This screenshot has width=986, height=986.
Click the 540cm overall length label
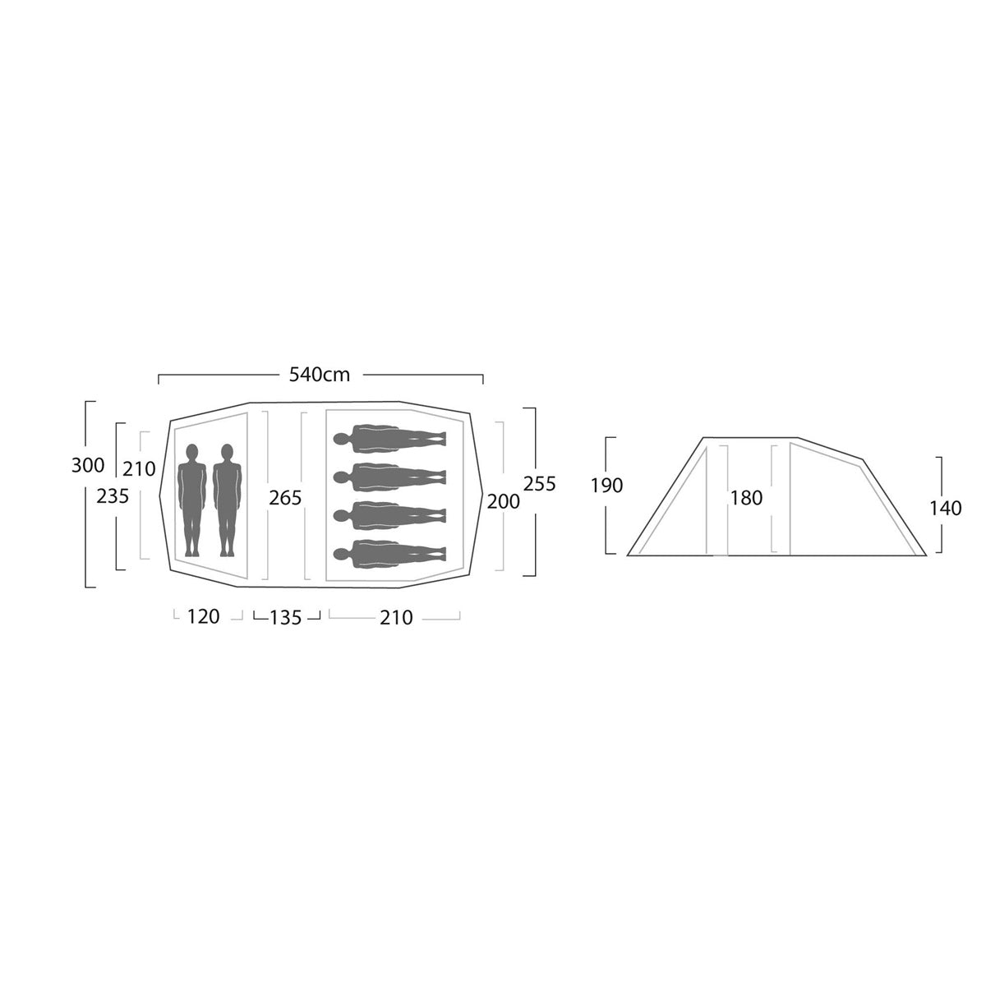(x=320, y=375)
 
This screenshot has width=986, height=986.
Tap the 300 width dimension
(x=88, y=466)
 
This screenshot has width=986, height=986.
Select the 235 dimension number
(x=113, y=495)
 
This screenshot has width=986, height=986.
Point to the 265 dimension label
(x=285, y=497)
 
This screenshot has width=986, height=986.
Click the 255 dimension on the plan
(x=539, y=483)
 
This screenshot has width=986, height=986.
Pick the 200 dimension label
(x=503, y=502)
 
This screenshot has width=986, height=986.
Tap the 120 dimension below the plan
(x=203, y=616)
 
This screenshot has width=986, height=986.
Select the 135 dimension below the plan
(x=285, y=618)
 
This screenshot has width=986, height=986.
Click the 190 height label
(x=607, y=486)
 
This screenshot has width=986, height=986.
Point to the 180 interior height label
(x=747, y=498)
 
